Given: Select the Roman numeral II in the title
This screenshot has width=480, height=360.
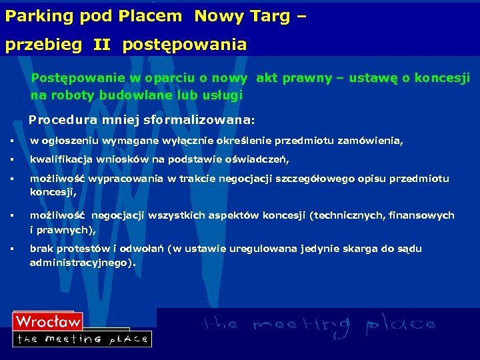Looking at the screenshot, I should pos(102,45).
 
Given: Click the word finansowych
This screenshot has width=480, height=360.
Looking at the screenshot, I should pos(422,215).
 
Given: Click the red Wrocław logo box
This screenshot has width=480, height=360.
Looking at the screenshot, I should pos(47,321).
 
